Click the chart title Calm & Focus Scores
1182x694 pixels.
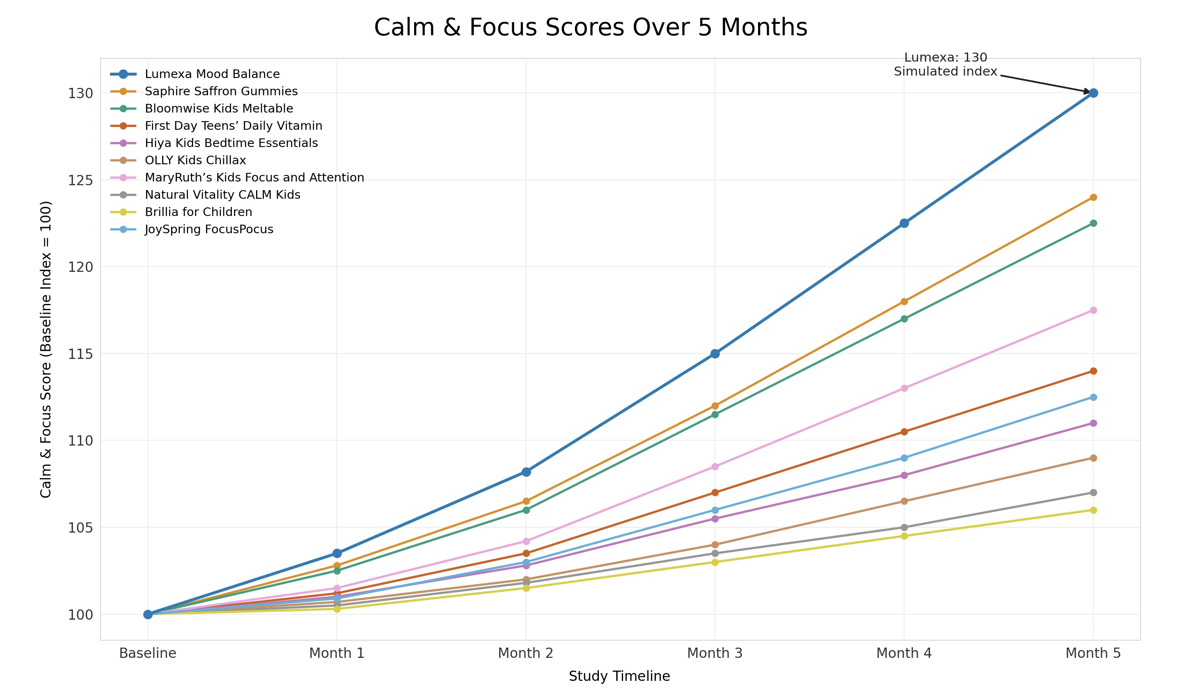coord(591,27)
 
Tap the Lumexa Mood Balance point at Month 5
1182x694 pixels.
coord(1093,93)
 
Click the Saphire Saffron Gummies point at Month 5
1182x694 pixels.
coord(1093,197)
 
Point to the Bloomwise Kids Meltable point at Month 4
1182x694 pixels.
coord(904,319)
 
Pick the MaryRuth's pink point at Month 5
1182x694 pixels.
coord(1093,310)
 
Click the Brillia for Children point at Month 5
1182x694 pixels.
coord(1093,510)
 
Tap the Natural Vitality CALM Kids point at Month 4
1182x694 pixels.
coord(904,527)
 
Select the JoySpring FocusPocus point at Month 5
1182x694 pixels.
coord(1093,397)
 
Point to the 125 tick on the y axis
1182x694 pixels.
coord(81,180)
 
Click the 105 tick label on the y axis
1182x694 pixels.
coord(81,528)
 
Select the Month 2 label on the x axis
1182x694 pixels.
coord(526,653)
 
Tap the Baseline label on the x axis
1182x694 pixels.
coord(148,653)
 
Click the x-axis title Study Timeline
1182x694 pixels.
coord(619,676)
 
